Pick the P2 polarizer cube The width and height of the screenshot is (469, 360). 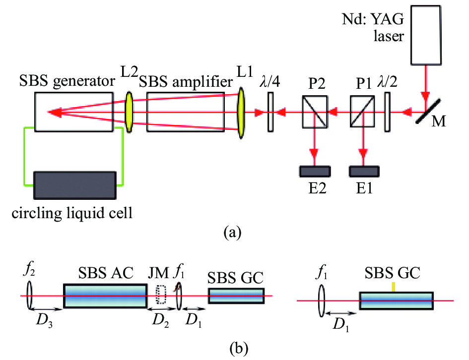coord(314,113)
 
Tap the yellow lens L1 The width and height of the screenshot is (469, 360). coord(242,113)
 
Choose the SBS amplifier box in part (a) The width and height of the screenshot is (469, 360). coord(186,112)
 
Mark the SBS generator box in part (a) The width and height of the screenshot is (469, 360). coord(73,112)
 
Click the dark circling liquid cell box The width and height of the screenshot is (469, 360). coord(75,184)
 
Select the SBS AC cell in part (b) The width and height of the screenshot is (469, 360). coord(105,296)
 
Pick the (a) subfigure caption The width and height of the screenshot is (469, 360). coord(233,232)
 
